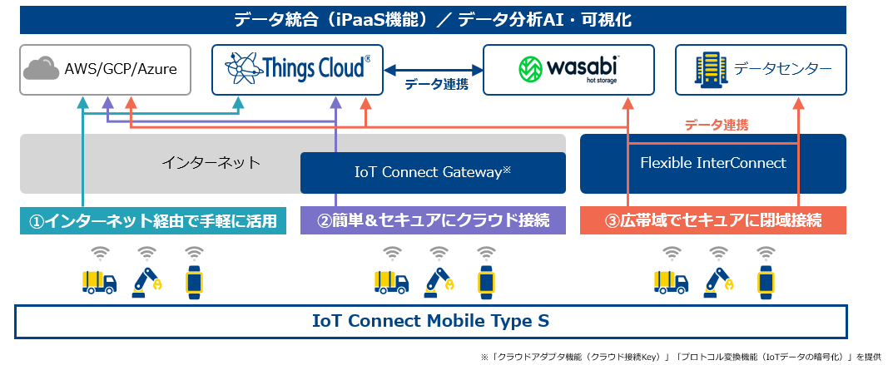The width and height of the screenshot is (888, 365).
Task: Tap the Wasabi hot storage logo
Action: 568,69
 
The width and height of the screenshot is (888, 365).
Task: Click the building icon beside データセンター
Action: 710,69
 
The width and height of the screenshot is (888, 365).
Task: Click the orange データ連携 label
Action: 717,125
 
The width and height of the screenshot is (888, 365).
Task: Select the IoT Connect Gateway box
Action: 433,173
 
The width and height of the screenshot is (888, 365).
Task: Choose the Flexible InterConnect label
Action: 713,163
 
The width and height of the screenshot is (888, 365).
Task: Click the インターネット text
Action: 211,163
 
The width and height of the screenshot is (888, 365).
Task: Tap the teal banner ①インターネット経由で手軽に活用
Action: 152,220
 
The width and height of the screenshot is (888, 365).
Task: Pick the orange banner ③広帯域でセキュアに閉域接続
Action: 713,220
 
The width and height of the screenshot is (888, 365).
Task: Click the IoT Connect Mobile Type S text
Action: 430,321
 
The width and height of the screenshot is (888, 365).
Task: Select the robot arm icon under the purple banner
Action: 439,282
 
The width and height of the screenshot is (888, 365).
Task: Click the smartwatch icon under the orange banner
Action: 766,282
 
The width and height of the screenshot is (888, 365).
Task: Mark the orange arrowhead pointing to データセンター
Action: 798,103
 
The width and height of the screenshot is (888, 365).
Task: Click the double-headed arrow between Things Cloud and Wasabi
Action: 434,70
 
